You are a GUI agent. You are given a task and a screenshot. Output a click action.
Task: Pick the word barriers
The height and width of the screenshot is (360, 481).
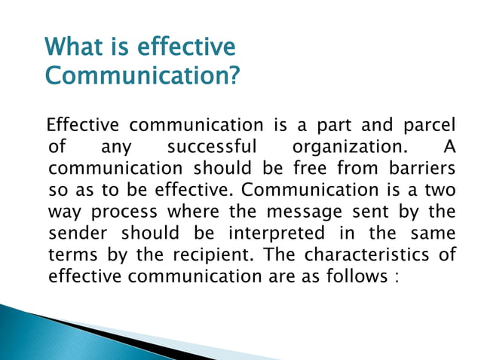[420, 165]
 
